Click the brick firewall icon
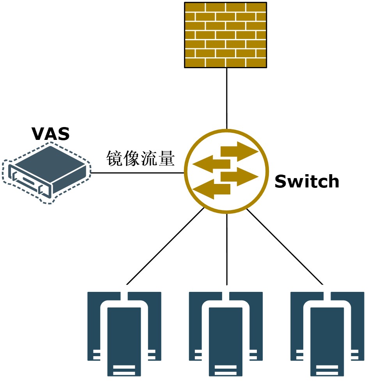click(226, 35)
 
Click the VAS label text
click(51, 134)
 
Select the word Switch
click(307, 181)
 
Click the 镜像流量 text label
click(140, 159)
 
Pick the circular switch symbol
click(226, 171)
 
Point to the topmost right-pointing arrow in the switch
click(239, 151)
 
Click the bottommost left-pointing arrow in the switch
click(212, 189)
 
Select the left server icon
click(124, 333)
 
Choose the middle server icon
click(226, 333)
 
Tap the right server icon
click(327, 333)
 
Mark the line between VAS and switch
click(136, 173)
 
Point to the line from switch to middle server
click(227, 249)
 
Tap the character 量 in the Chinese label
click(166, 159)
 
